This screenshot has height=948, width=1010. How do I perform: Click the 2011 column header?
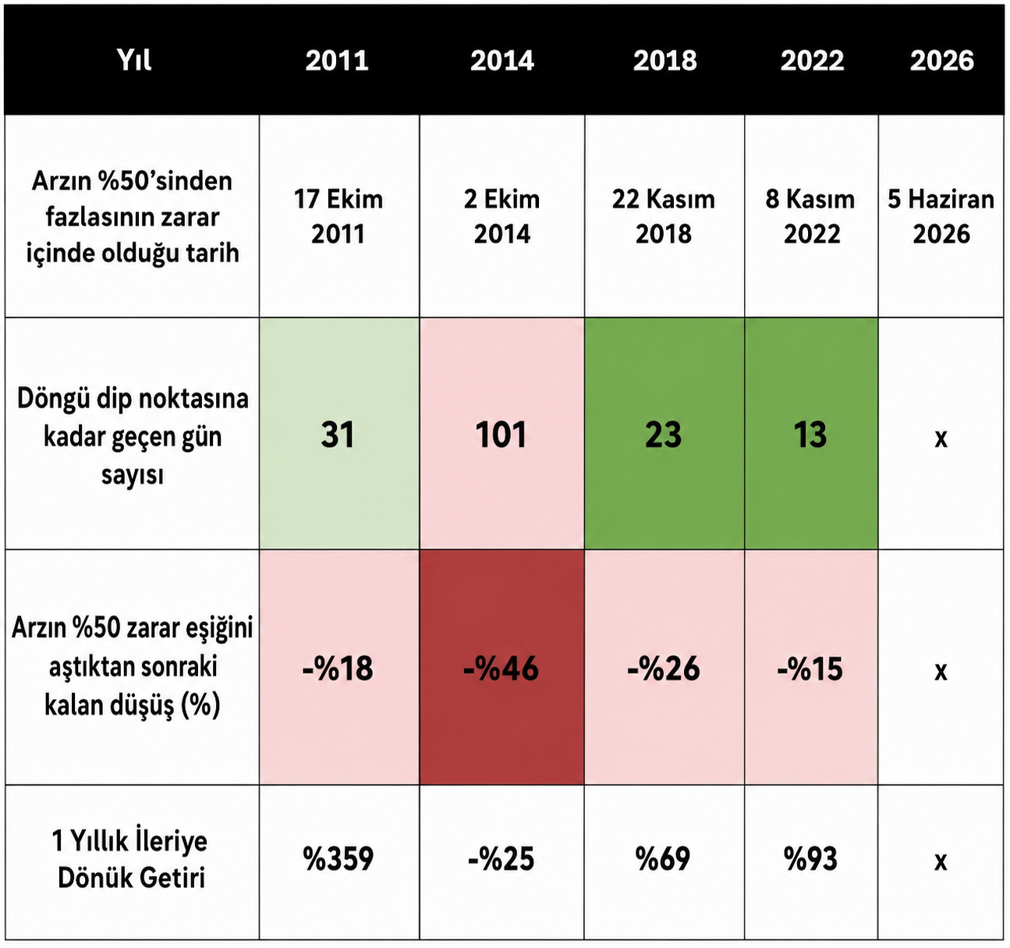point(337,61)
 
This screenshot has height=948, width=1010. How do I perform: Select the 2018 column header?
point(664,61)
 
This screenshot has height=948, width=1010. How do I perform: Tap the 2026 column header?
point(941,61)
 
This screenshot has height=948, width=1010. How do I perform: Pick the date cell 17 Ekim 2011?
point(338,216)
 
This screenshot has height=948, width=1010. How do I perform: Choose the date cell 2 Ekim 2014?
point(502,216)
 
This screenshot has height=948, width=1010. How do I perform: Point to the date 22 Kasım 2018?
point(663,216)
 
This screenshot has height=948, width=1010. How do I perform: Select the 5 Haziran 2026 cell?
point(941,216)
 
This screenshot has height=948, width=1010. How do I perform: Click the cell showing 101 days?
point(502,434)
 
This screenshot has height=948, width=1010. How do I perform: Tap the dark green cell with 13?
point(811,434)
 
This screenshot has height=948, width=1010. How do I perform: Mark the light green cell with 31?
point(339,434)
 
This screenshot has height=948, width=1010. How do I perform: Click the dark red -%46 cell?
point(502,667)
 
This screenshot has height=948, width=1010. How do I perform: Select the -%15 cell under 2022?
point(811,667)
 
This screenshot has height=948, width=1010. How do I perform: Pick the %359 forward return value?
point(338,859)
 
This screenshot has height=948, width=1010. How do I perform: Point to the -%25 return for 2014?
point(501,859)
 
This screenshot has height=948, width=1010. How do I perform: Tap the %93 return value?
point(810,859)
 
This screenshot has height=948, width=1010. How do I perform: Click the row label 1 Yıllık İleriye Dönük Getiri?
point(131,859)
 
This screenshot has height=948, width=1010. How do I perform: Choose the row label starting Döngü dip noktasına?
point(133,436)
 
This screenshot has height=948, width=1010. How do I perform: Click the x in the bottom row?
point(941,861)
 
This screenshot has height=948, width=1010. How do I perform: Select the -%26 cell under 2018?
point(664,667)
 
